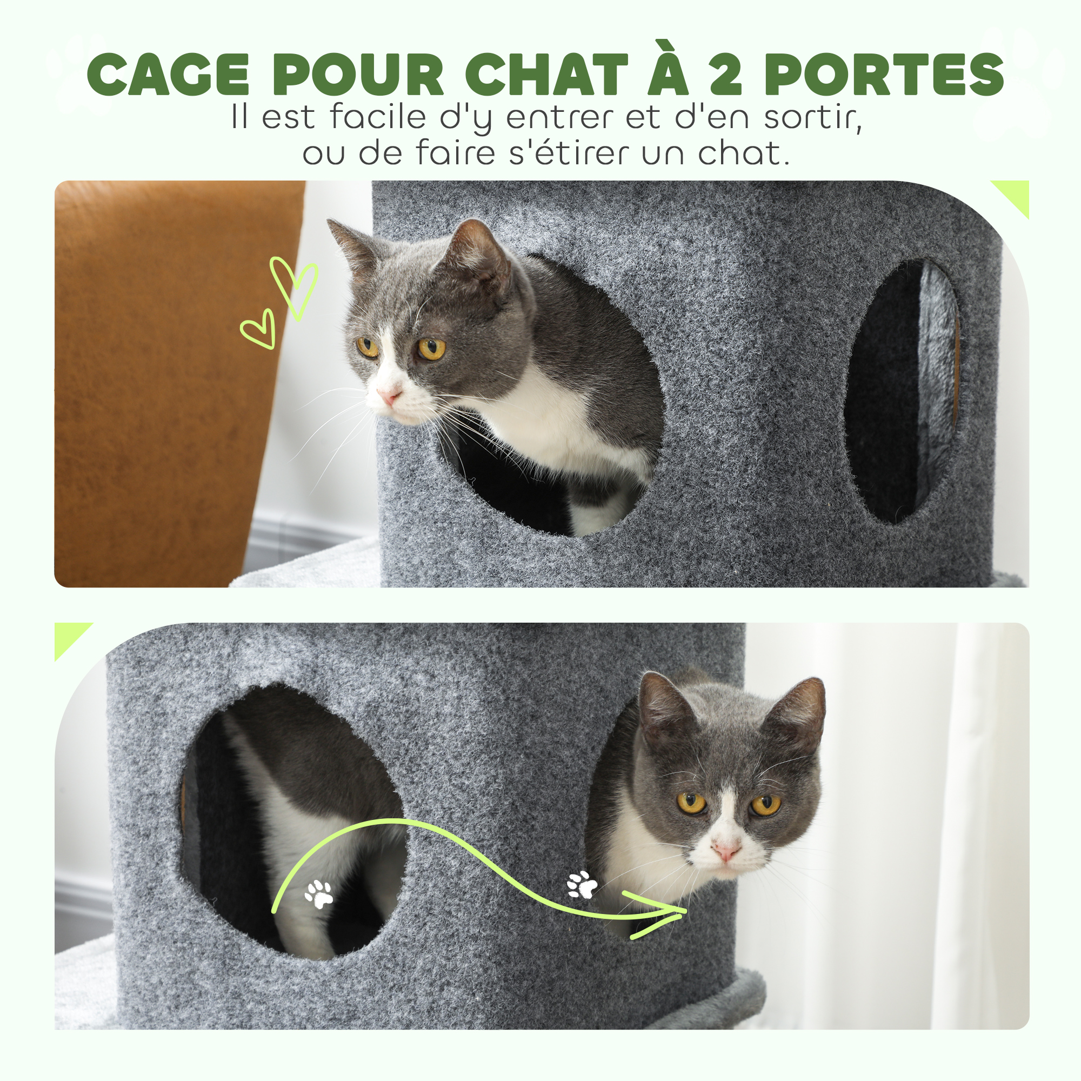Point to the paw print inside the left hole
319,895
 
